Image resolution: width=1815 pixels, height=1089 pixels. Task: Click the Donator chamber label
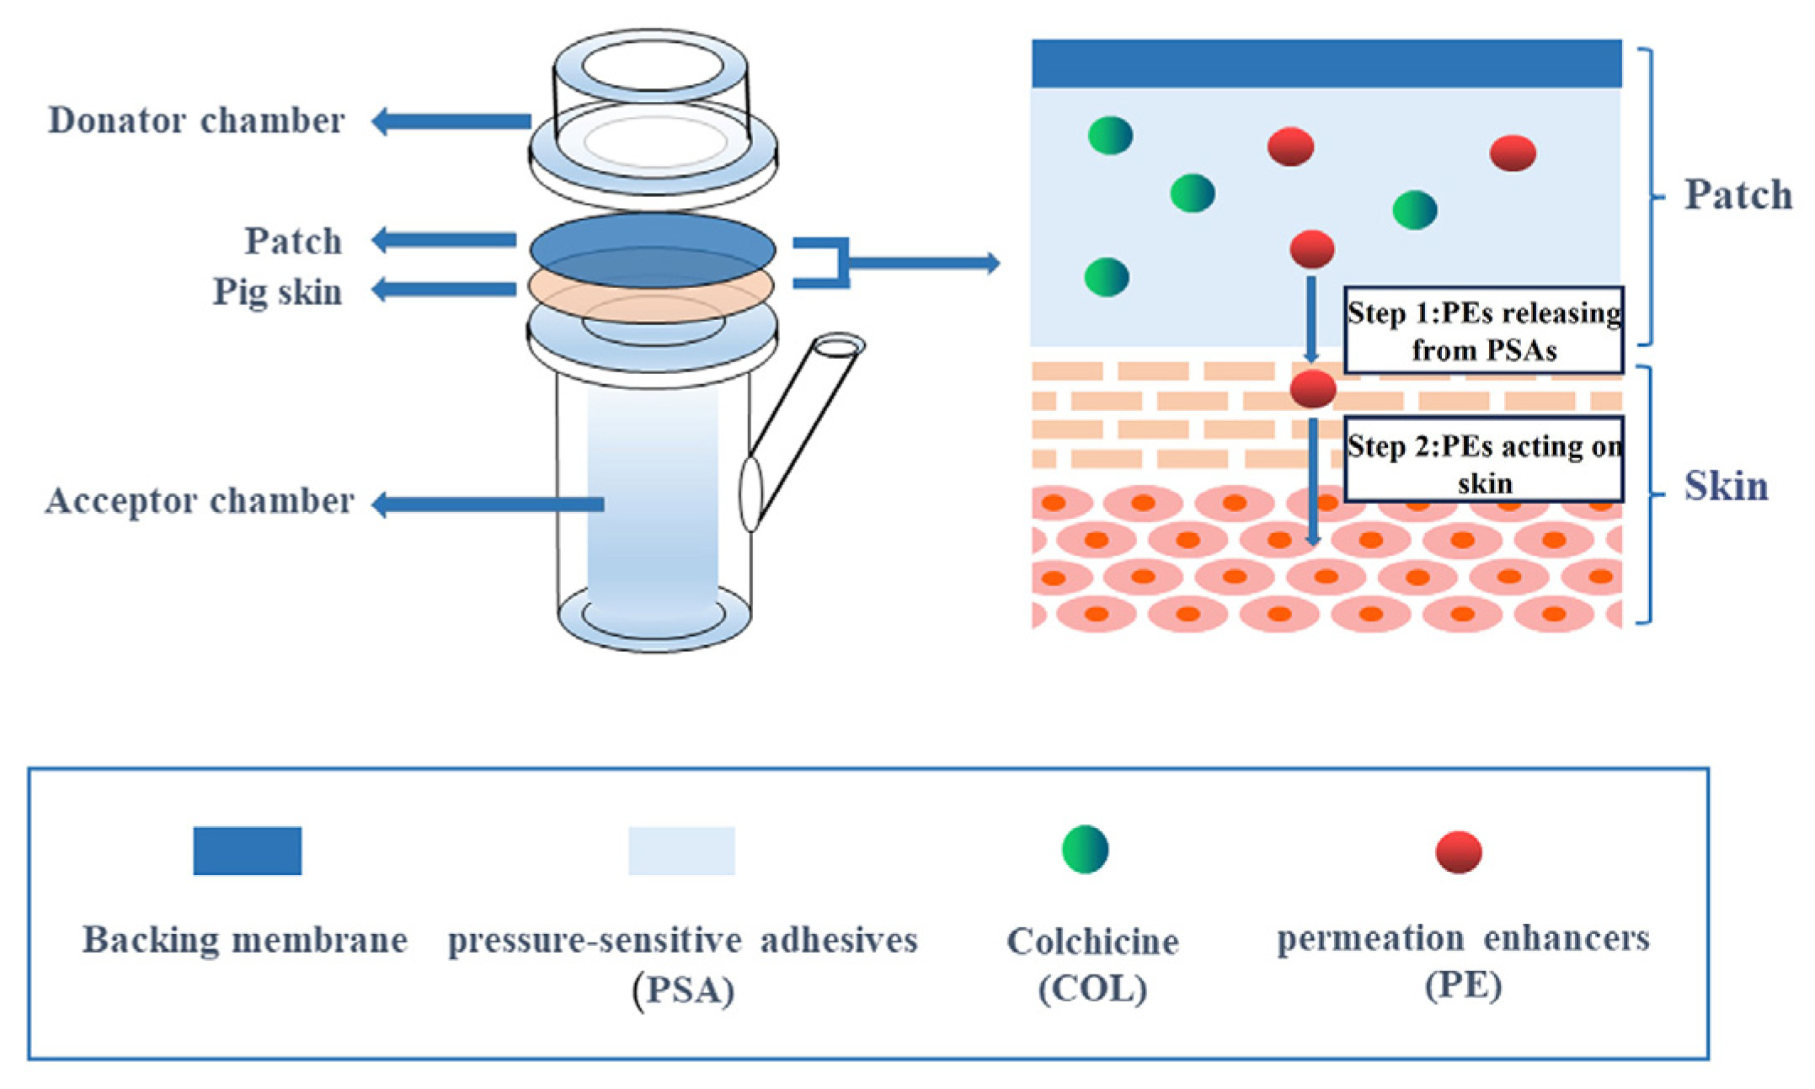[196, 120]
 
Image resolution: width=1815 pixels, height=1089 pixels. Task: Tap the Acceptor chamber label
[200, 501]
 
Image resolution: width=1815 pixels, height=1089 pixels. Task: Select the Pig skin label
[277, 292]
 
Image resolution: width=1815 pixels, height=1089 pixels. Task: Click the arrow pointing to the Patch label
[444, 240]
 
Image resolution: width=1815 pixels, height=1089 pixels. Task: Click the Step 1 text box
[1483, 330]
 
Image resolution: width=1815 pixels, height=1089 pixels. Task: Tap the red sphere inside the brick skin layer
[1312, 388]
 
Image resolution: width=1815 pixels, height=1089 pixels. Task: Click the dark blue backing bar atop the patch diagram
[1326, 63]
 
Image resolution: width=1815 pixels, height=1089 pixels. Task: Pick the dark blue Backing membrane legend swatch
[247, 851]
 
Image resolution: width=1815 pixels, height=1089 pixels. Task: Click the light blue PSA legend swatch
[681, 851]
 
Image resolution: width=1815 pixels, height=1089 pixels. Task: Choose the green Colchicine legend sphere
[1085, 849]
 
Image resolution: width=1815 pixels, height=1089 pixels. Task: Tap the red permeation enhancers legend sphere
[1458, 851]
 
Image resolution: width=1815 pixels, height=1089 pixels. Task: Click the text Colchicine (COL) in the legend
[1092, 964]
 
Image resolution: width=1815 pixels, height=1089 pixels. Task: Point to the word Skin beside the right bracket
[1725, 486]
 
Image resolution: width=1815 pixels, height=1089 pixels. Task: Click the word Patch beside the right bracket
[1737, 195]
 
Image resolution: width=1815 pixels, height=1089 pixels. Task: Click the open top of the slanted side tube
[838, 345]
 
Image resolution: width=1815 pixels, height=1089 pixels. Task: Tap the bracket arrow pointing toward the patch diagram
[926, 264]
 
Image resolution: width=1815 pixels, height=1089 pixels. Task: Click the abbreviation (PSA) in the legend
[683, 990]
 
